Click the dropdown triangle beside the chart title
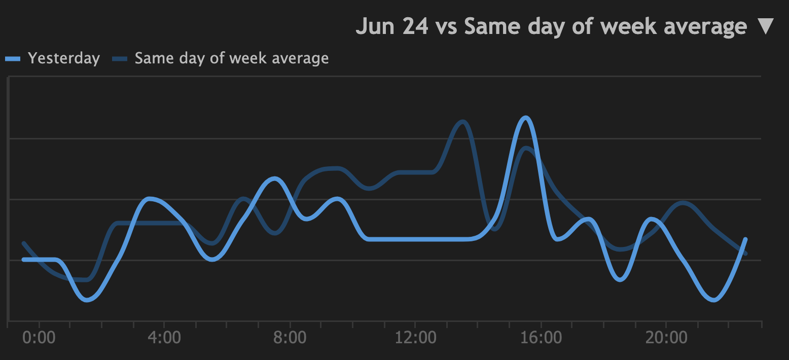[765, 26]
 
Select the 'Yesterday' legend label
[64, 58]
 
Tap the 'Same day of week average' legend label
[232, 58]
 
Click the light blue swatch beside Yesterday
[13, 59]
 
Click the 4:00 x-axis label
[164, 337]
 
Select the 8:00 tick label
[290, 337]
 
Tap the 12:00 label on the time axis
[415, 337]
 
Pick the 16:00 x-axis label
[541, 337]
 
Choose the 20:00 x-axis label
[666, 337]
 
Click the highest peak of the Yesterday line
[526, 118]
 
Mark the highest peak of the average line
[462, 122]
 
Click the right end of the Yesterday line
[745, 239]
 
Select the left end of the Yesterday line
[23, 260]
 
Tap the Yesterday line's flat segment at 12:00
[415, 239]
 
